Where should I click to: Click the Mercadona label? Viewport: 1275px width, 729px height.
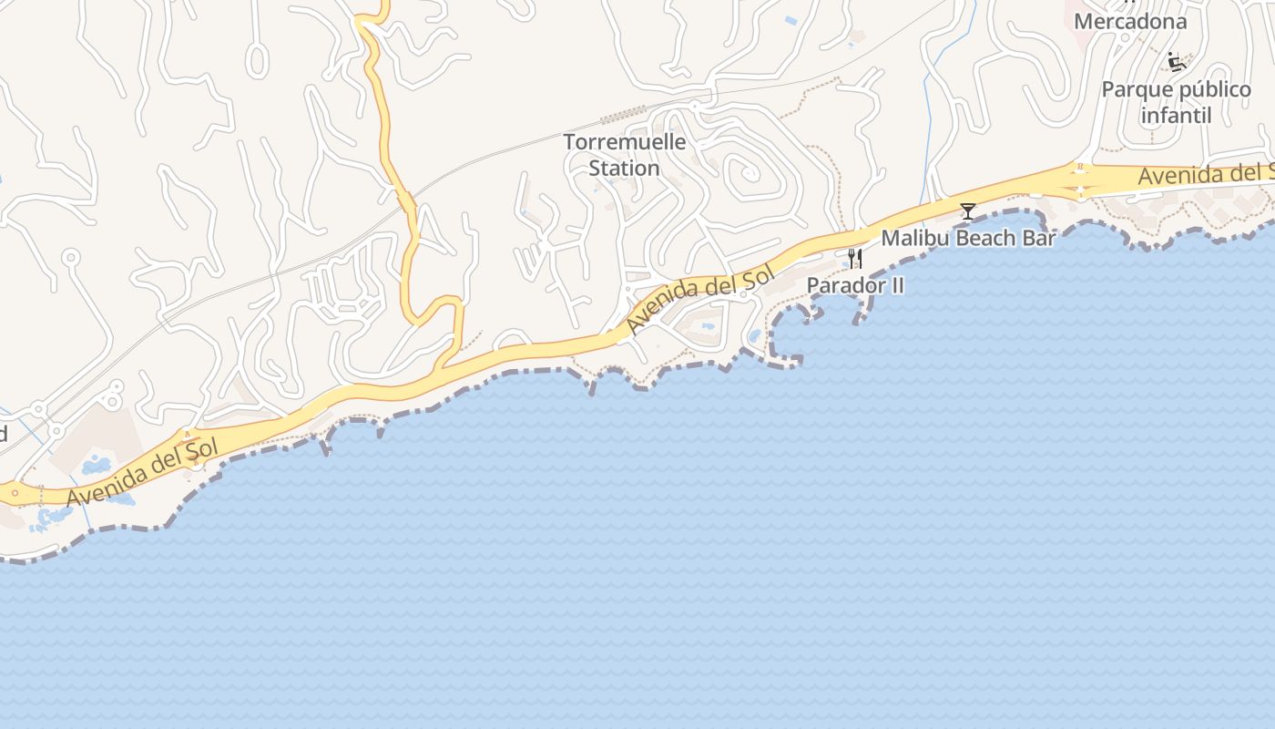click(1130, 21)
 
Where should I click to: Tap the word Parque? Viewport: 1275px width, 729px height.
click(1138, 90)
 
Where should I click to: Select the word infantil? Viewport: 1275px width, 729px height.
click(1176, 116)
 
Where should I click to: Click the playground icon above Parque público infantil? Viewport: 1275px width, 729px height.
click(1177, 62)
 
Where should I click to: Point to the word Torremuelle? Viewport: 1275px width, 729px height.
click(624, 143)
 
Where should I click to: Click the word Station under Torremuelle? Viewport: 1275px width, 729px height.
click(624, 169)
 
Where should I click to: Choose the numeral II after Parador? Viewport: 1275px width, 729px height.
click(894, 285)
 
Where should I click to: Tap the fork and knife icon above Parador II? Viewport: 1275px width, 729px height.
click(854, 260)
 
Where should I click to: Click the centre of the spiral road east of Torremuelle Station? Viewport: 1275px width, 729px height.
click(749, 171)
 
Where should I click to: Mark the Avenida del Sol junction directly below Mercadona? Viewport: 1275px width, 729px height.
click(1080, 180)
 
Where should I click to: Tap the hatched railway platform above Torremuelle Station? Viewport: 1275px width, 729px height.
click(623, 115)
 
